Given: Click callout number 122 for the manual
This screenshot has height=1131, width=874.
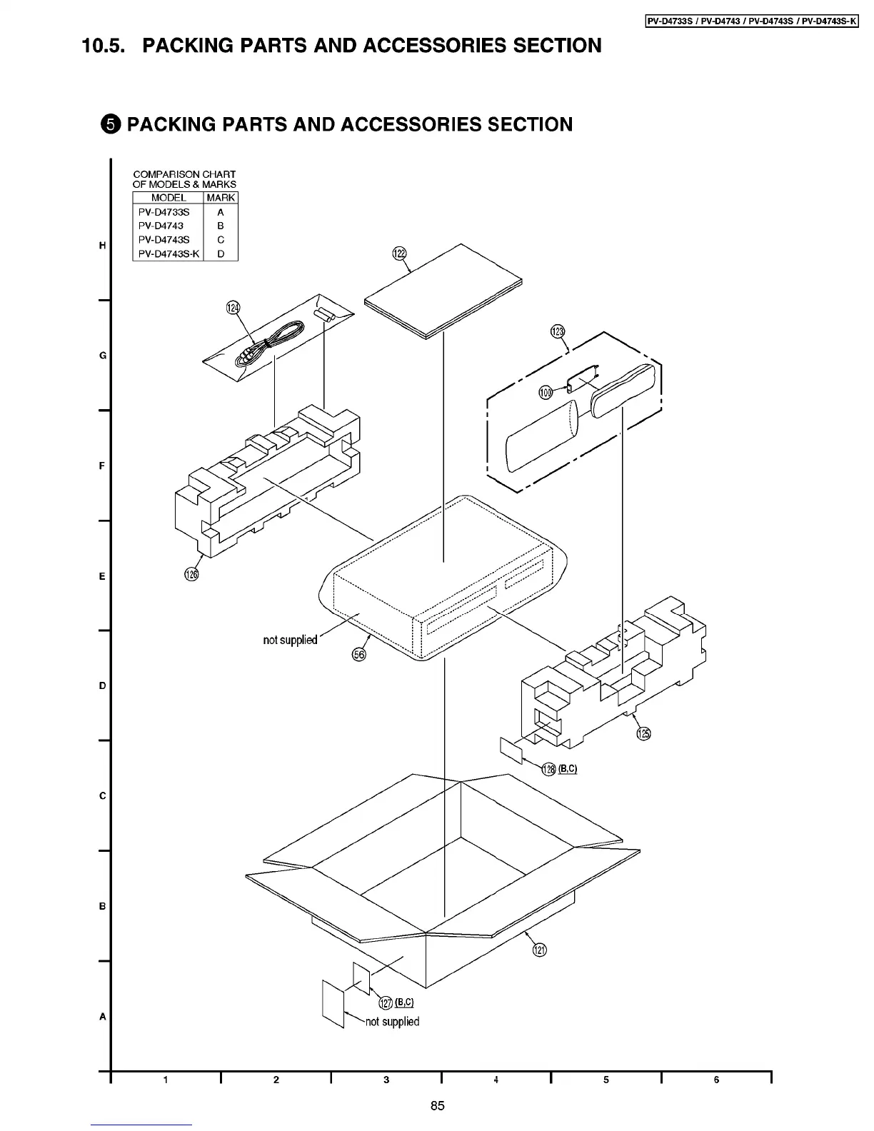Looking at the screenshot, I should coord(399,253).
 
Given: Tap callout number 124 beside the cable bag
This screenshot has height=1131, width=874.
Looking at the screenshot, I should coord(232,308).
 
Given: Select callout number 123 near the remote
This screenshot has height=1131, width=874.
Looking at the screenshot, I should coord(558,331).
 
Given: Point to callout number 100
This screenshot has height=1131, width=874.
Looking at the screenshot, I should coord(546,392).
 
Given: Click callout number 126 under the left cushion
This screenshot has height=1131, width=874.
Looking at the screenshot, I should coord(191,573).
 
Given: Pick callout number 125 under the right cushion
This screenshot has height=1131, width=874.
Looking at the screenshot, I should coord(643,733).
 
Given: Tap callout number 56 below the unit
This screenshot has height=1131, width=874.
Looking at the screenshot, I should coord(359,653).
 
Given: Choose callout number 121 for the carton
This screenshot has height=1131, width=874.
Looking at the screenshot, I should coord(540,950).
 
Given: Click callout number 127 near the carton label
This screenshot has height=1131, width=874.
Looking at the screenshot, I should coord(386,1003).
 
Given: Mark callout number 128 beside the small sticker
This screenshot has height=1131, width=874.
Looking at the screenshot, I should coord(548,769).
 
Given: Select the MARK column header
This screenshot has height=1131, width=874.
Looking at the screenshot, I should coord(221,198).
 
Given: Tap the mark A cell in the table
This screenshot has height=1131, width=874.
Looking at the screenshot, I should coord(221,212).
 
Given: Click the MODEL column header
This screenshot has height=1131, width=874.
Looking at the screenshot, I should coord(169,198).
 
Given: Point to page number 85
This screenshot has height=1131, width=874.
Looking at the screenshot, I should coord(438,1106).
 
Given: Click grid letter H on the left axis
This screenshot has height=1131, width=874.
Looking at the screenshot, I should coord(103,246).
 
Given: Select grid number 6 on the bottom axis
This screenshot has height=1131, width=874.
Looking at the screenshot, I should coord(716,1080).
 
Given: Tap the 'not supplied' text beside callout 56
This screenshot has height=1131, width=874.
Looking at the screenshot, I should coord(290,640).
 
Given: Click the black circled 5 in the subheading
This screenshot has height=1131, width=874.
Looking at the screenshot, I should coord(110,125).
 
